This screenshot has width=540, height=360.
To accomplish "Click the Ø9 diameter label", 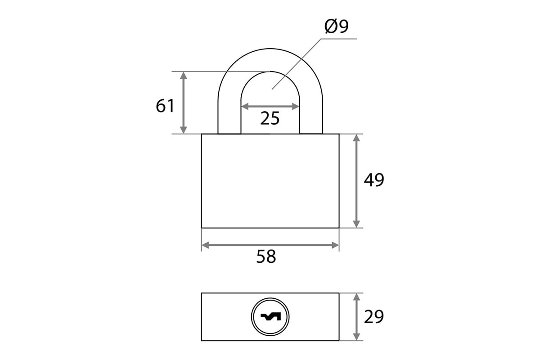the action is pyautogui.click(x=336, y=26).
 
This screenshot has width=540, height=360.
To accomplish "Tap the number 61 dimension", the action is pyautogui.click(x=165, y=106).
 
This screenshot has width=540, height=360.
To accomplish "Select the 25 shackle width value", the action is pyautogui.click(x=270, y=118).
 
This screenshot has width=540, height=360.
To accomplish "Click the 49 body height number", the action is pyautogui.click(x=373, y=180).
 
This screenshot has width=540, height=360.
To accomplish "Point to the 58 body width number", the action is pyautogui.click(x=266, y=256).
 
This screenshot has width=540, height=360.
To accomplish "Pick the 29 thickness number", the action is pyautogui.click(x=373, y=317).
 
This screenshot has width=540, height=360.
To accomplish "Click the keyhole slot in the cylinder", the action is pyautogui.click(x=270, y=316).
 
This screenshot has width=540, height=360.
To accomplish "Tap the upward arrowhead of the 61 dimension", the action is pyautogui.click(x=184, y=76).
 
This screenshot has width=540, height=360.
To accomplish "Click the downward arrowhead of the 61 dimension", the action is pyautogui.click(x=184, y=130).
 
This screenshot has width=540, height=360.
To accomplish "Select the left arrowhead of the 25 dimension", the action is pyautogui.click(x=245, y=106).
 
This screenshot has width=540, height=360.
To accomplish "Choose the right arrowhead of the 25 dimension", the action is pyautogui.click(x=296, y=106).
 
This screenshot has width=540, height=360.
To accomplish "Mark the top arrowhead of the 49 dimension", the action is pyautogui.click(x=356, y=138).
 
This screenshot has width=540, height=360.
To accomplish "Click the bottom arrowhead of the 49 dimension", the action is pyautogui.click(x=356, y=224).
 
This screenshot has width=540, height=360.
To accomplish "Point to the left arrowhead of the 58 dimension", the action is pyautogui.click(x=205, y=245).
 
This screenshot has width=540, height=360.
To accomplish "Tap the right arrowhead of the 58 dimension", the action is pyautogui.click(x=335, y=245).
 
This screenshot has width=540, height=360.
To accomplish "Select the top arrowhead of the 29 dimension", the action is pyautogui.click(x=356, y=297).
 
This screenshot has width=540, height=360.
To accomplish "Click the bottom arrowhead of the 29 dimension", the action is pyautogui.click(x=356, y=337).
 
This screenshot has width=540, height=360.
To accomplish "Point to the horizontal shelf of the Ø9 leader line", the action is pyautogui.click(x=339, y=39).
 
